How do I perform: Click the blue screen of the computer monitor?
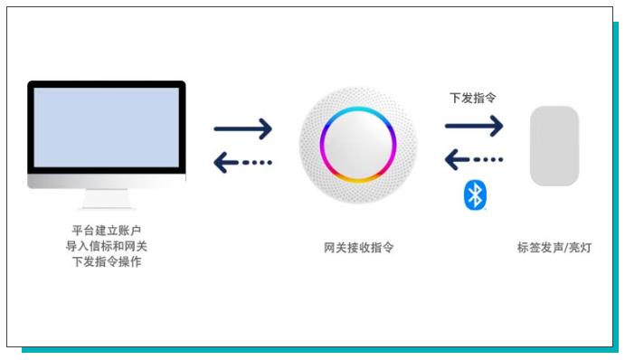(106, 127)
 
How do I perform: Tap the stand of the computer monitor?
(106, 198)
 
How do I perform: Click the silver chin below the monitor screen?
(106, 181)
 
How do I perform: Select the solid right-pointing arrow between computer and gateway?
(242, 128)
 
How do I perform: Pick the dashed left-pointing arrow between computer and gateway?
(242, 163)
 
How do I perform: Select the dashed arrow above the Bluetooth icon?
(474, 159)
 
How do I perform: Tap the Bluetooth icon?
(475, 194)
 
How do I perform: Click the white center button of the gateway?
(357, 144)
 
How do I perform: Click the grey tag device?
(554, 146)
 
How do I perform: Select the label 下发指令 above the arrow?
(472, 97)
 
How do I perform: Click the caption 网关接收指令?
(358, 247)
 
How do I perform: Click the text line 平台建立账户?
(106, 230)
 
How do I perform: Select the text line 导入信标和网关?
(106, 246)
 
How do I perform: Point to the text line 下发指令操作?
(106, 261)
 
